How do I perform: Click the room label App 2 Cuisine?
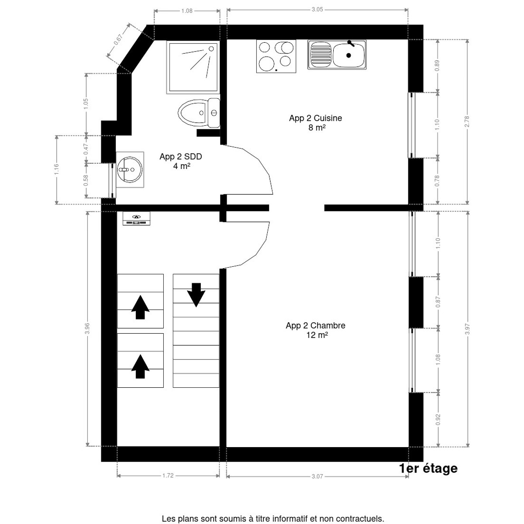(315, 118)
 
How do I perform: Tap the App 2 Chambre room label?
(315, 326)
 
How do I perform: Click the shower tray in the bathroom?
(192, 67)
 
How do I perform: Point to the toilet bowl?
(192, 113)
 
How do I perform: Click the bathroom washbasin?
(129, 169)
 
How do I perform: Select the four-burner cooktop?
(276, 55)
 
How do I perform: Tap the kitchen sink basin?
(348, 55)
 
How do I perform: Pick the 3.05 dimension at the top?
(317, 9)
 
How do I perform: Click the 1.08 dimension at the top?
(187, 11)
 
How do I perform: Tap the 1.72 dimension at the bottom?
(168, 476)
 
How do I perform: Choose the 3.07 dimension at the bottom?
(317, 476)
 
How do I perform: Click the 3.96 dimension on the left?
(87, 328)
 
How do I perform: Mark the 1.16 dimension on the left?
(56, 169)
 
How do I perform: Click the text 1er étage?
(428, 469)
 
